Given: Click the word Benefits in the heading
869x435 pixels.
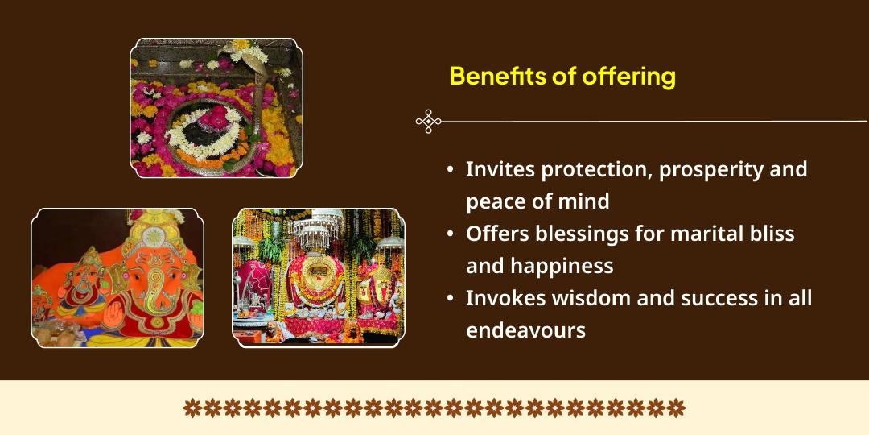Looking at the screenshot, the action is pyautogui.click(x=497, y=77).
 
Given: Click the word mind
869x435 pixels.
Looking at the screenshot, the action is pyautogui.click(x=587, y=201).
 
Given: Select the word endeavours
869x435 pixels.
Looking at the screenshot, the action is pyautogui.click(x=526, y=331).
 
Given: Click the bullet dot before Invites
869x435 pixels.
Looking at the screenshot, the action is pyautogui.click(x=451, y=170).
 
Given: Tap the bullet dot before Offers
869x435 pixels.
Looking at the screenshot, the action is pyautogui.click(x=451, y=234).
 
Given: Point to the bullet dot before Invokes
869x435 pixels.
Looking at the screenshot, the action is pyautogui.click(x=451, y=299).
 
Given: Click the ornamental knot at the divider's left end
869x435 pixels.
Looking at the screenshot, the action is pyautogui.click(x=428, y=121).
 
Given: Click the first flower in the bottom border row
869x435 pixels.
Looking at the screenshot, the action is pyautogui.click(x=192, y=408).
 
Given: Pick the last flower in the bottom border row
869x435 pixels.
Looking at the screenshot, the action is pyautogui.click(x=676, y=408).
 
